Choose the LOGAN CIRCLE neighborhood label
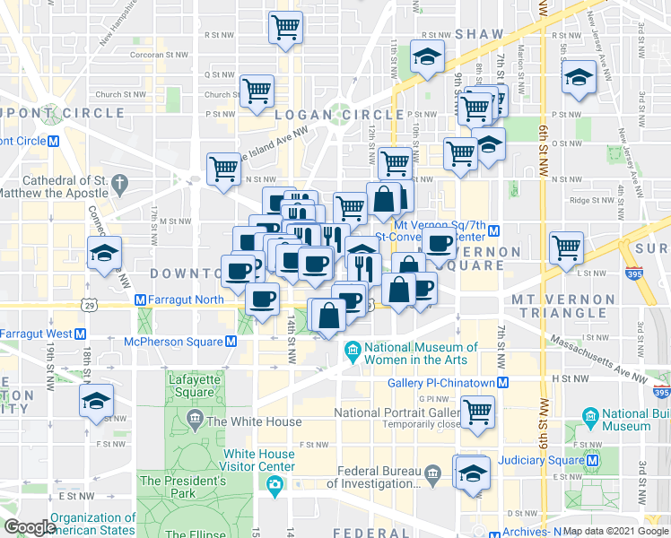click(339, 114)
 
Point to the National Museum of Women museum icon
click(353, 347)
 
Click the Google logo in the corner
click(30, 528)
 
